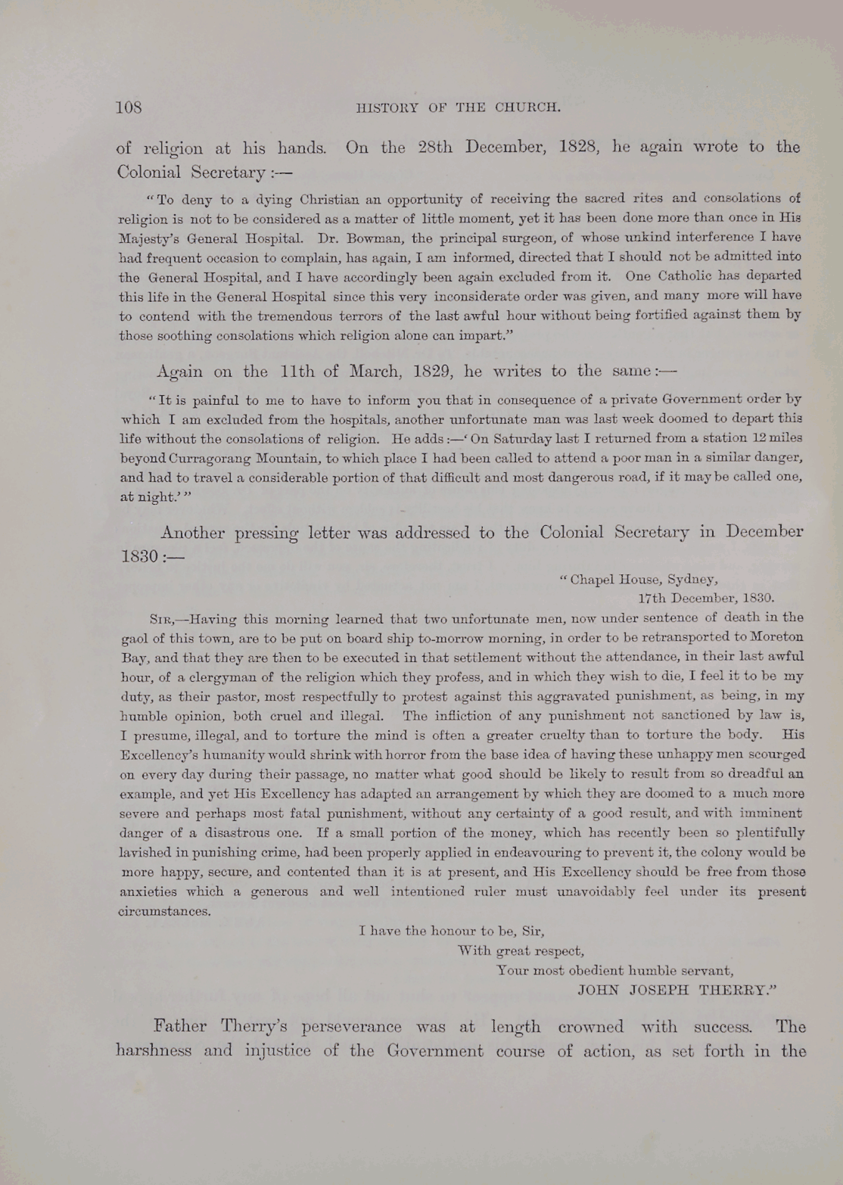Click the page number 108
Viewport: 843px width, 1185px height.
point(129,107)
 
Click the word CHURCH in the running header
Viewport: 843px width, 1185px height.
point(527,107)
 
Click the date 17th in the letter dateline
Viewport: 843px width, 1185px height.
point(652,599)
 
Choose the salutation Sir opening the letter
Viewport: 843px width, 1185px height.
point(160,618)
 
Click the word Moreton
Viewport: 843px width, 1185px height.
point(779,637)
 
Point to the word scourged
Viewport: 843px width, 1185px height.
point(776,754)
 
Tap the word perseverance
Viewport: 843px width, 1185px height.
point(351,1027)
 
